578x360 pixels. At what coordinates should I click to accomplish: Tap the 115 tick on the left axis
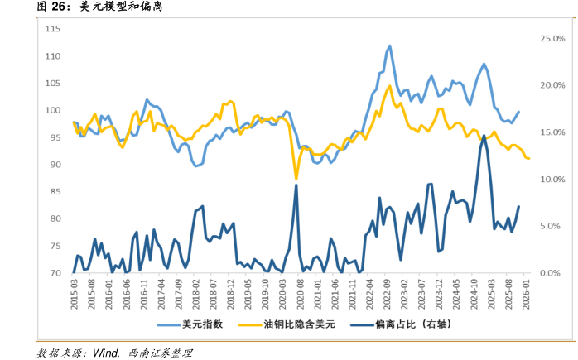click(52, 29)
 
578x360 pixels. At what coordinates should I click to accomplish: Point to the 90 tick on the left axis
click(54, 165)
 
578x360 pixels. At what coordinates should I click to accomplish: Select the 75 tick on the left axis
click(54, 247)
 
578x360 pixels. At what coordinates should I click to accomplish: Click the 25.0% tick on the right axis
click(552, 39)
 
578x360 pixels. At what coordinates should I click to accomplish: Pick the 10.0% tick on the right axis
click(552, 180)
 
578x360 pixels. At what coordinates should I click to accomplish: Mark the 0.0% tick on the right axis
click(553, 273)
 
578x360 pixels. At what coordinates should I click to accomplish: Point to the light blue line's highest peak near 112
click(389, 46)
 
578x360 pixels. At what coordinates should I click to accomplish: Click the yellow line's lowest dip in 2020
click(296, 177)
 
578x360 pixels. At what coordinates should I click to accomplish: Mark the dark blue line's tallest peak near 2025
click(484, 136)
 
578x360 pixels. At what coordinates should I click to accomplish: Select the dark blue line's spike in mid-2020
click(296, 185)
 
